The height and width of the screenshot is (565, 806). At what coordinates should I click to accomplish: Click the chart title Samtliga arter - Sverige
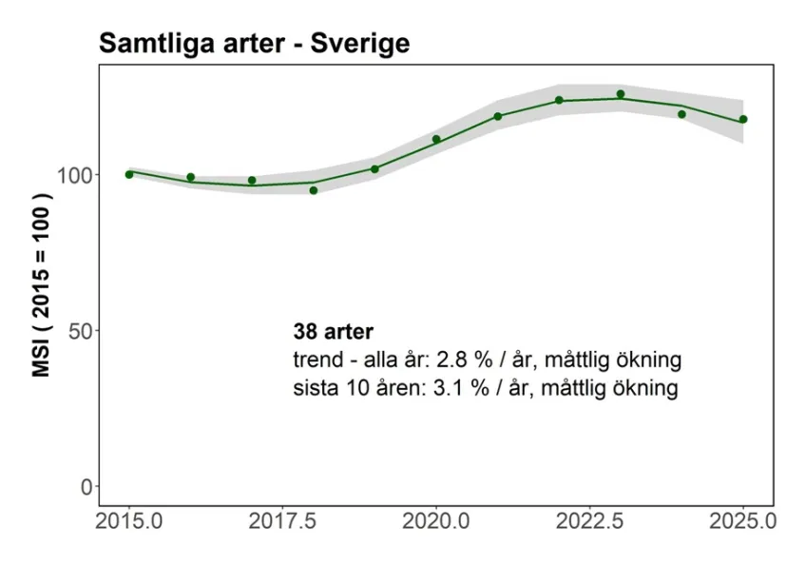pos(254,43)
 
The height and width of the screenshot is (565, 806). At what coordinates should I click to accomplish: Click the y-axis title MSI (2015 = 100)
pos(42,285)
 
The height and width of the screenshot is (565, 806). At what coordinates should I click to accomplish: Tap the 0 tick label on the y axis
pos(86,487)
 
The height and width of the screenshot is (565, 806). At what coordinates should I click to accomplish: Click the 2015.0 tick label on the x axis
pos(129,522)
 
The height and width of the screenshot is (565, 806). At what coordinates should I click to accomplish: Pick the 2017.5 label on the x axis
pos(282,522)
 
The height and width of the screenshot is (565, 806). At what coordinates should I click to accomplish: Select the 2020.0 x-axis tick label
pos(436,522)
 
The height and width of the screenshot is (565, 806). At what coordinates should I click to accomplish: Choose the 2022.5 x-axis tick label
pos(589,522)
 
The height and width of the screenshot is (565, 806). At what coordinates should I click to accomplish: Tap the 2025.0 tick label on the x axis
pos(743,522)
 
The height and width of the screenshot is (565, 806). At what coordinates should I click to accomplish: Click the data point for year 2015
pos(129,174)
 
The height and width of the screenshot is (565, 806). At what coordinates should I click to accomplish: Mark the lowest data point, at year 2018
pos(314,190)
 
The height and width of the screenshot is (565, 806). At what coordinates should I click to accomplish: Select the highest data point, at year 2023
pos(621,94)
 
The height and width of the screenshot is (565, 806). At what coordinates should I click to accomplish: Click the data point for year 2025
pos(743,119)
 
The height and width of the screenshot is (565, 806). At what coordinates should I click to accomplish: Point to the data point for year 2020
pos(436,139)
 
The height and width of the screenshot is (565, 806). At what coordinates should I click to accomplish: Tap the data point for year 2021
pos(498,116)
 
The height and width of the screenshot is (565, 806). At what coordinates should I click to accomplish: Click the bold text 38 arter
pos(334,333)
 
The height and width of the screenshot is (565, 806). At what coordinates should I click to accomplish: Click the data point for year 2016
pos(191,177)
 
